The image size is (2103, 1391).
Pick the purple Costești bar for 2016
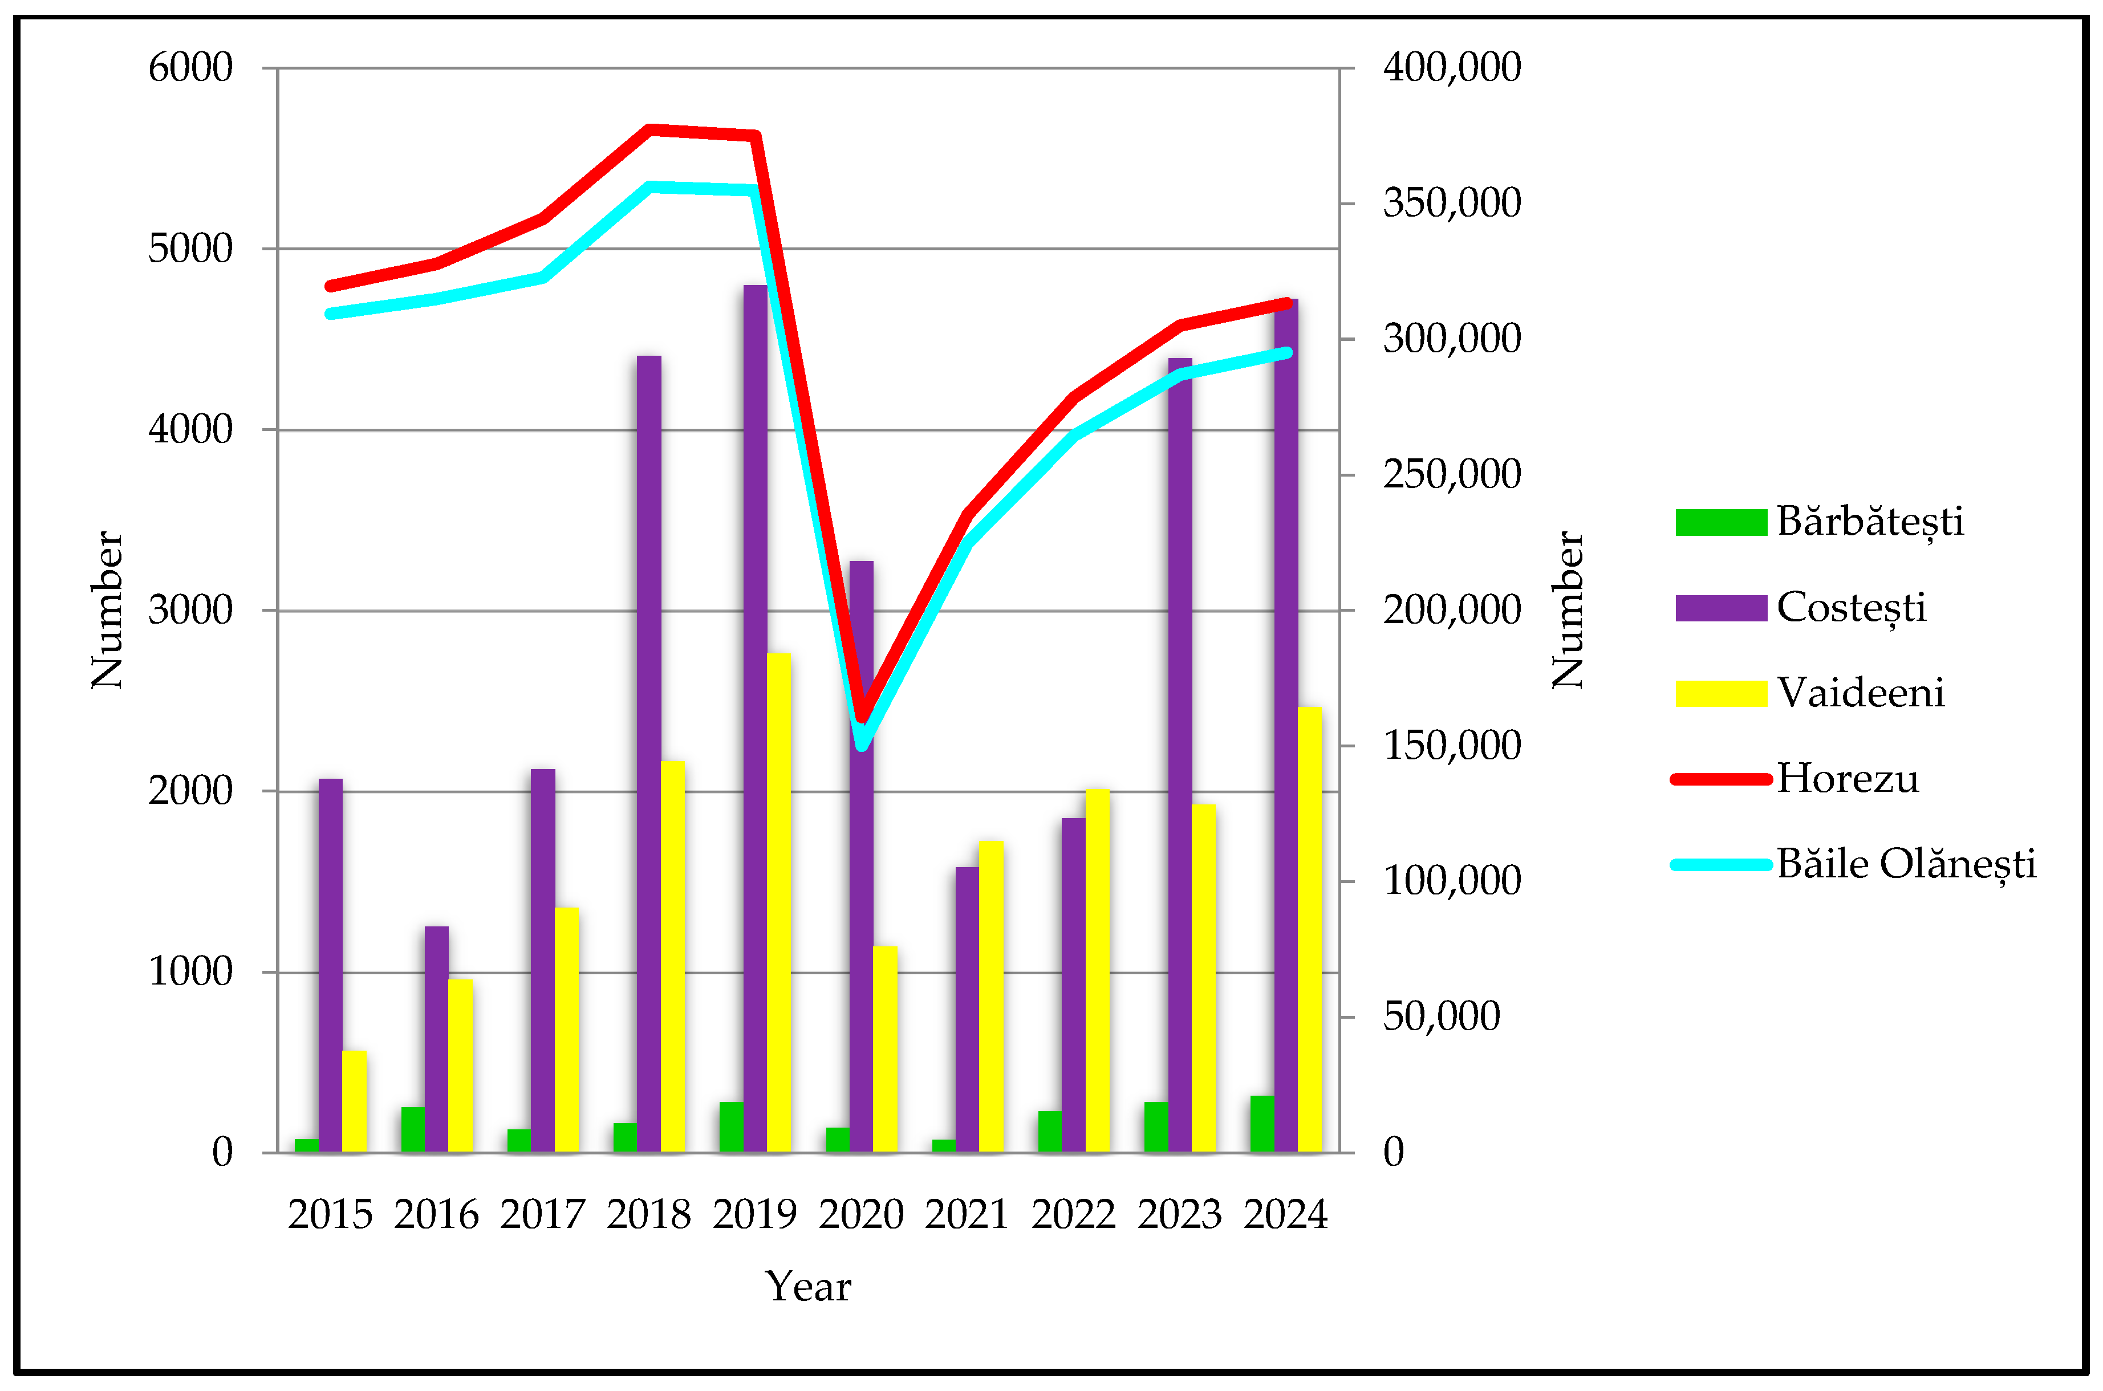coord(437,1039)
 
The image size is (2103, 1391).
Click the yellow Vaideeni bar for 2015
coord(354,1101)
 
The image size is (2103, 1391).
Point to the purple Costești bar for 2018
coord(649,754)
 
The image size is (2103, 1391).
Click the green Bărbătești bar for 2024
coord(1262,1124)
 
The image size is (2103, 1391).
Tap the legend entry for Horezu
coord(1846,779)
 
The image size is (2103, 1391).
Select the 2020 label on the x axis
coord(860,1214)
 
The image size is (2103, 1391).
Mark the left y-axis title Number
coord(107,611)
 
